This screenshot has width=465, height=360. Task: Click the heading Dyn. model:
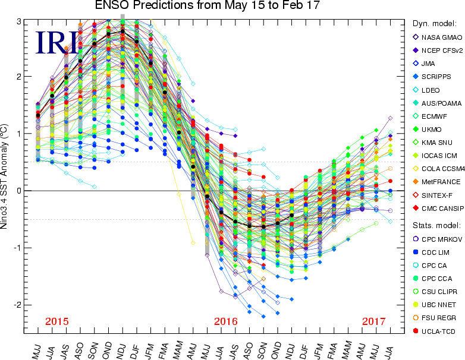coord(433,24)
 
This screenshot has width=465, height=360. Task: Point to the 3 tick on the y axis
coord(19,21)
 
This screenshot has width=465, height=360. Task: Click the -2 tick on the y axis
coord(18,305)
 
